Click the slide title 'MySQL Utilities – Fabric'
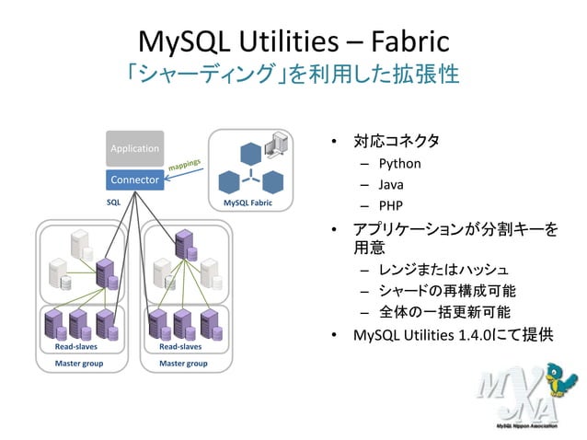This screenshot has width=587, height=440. pos(293,41)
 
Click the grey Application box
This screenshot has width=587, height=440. pos(134,148)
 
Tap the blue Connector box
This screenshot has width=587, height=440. pos(134,179)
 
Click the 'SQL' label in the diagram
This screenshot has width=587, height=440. pos(113,201)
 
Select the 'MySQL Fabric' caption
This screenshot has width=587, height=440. pos(247,201)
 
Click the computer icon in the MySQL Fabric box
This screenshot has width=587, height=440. pos(272,144)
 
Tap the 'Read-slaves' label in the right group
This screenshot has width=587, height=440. pos(180,347)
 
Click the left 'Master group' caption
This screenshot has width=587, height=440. pos(79,364)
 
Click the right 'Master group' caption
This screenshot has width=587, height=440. pos(183,364)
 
